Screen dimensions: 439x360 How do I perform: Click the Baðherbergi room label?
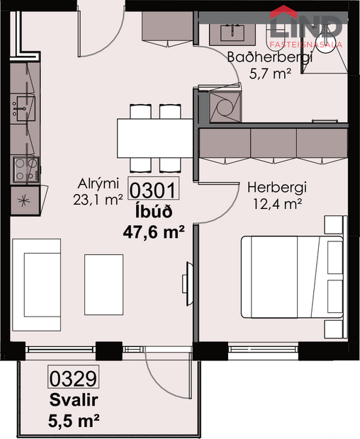(269, 57)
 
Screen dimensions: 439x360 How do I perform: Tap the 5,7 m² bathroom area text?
(271, 74)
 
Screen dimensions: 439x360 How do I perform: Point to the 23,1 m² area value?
(99, 200)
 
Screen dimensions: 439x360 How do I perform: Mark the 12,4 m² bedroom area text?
(277, 204)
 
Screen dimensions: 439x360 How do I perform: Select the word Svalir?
(74, 400)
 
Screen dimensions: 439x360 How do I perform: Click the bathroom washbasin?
(231, 31)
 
